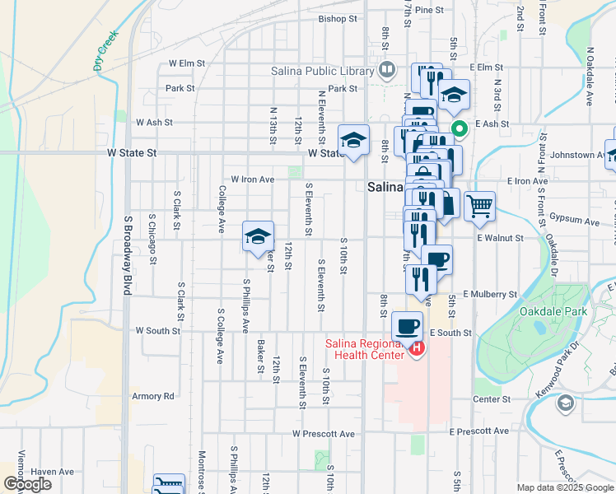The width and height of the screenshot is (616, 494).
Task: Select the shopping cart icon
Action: pos(479,206)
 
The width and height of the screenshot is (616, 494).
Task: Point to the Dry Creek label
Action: pos(106,51)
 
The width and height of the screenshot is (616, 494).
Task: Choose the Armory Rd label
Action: pos(153,396)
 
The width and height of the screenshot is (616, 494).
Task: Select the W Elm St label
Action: pos(186,63)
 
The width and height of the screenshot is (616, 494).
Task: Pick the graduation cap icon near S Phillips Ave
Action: pos(258,236)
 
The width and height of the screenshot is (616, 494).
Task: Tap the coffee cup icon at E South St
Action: pos(407,325)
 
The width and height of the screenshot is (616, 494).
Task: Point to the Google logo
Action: pos(28,484)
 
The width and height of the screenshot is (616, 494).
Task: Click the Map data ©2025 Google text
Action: pos(564,487)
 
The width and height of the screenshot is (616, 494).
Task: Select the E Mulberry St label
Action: pos(489,293)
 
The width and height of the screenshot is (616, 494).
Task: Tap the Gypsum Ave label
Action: pos(574,222)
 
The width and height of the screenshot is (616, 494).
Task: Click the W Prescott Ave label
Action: pos(323,434)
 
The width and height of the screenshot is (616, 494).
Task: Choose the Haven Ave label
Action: pos(53,472)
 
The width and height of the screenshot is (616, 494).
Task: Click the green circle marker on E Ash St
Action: pos(458,128)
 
